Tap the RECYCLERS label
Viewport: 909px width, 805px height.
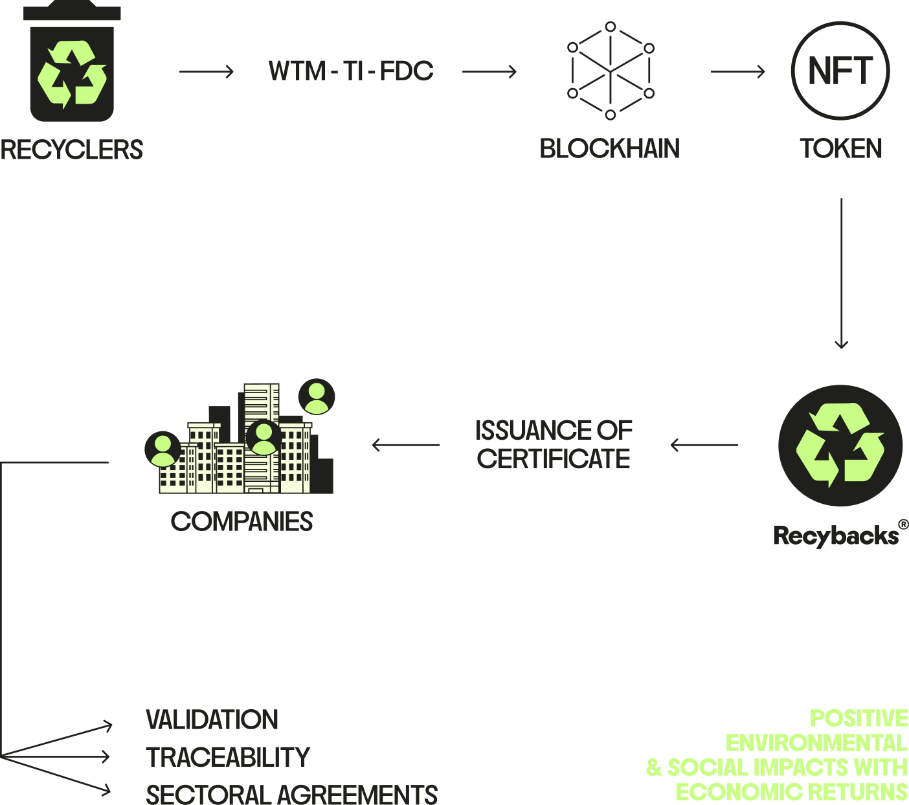(x=71, y=150)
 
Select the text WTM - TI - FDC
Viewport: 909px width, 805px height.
(x=351, y=71)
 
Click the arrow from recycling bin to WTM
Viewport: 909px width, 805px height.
(x=207, y=71)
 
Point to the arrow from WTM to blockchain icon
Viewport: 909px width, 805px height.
(x=489, y=71)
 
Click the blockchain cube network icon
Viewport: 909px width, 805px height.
(x=611, y=71)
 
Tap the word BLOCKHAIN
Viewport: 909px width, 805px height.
(x=610, y=149)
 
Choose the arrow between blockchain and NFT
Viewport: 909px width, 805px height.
(x=738, y=71)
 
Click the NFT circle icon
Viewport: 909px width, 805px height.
(x=840, y=71)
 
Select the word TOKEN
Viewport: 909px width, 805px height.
(x=841, y=149)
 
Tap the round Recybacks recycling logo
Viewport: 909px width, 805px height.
(x=840, y=445)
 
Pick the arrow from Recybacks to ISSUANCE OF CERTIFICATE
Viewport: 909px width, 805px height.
(x=704, y=445)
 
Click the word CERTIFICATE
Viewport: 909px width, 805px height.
(x=554, y=459)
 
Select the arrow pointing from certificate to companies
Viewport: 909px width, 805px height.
(x=406, y=445)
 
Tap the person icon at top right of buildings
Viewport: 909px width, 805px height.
(x=317, y=396)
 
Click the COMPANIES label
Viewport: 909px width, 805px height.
(x=242, y=522)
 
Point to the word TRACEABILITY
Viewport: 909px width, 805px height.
(x=228, y=757)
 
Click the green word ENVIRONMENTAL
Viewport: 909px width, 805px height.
(x=816, y=743)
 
